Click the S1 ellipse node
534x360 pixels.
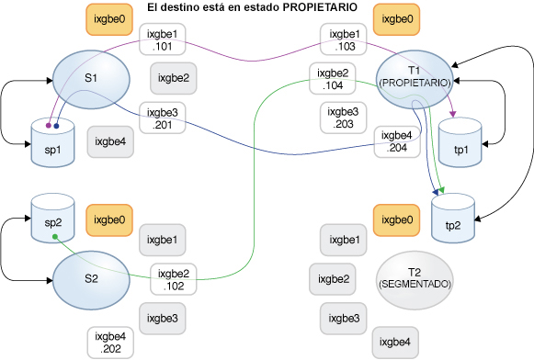[89, 76]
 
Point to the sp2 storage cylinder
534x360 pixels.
[52, 219]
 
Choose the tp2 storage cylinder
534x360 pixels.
[452, 219]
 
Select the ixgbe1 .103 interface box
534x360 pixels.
[340, 42]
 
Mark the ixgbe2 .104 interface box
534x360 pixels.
[332, 80]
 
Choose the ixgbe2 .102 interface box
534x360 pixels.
[174, 279]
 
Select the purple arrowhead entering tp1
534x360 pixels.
[452, 115]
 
